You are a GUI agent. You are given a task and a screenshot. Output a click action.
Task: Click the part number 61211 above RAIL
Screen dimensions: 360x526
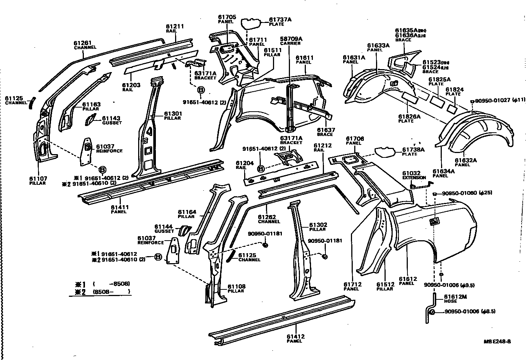[175, 27]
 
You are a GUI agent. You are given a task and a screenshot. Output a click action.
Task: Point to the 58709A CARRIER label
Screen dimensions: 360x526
[291, 40]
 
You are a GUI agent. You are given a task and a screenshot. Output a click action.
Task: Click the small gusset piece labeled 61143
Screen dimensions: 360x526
[90, 120]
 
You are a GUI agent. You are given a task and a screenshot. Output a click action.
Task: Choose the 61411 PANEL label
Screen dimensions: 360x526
[120, 210]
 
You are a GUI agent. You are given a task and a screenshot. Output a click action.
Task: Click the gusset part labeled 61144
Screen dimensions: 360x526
[184, 231]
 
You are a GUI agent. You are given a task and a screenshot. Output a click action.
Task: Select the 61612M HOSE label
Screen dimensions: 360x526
[455, 298]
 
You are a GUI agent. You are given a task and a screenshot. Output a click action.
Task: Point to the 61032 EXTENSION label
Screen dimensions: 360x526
[414, 175]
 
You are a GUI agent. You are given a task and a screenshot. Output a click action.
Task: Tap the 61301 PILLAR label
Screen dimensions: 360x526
[173, 115]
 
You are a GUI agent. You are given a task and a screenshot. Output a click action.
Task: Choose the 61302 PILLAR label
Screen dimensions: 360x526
[318, 227]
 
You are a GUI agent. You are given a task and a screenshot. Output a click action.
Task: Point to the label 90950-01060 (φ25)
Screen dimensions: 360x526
[467, 193]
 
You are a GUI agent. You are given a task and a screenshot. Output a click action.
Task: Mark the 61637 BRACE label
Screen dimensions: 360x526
[325, 132]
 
